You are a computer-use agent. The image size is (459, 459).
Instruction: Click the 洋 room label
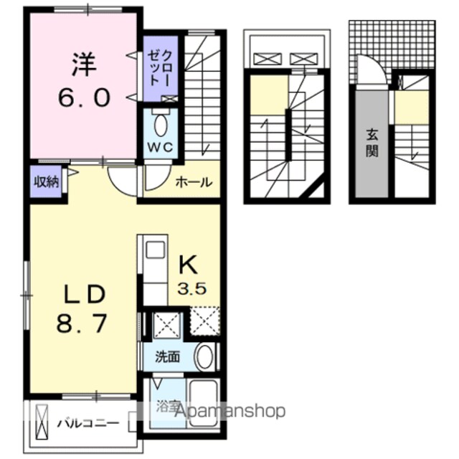click(84, 64)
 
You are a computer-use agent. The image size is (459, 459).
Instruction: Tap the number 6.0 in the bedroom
click(84, 98)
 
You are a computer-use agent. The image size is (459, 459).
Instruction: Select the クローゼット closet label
click(160, 67)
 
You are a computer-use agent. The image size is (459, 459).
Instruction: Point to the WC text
click(160, 148)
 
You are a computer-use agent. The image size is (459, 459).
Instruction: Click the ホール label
click(194, 182)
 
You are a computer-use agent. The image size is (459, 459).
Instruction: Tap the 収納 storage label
click(47, 181)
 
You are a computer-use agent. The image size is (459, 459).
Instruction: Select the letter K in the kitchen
click(188, 265)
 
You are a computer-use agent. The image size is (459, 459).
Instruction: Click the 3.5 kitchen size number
click(191, 288)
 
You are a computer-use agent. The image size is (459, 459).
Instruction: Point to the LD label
click(85, 295)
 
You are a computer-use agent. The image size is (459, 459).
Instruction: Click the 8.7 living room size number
click(81, 323)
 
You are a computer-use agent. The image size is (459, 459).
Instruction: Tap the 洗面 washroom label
click(167, 357)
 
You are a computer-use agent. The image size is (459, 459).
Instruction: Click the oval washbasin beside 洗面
click(204, 357)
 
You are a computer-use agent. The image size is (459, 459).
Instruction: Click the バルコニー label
click(87, 423)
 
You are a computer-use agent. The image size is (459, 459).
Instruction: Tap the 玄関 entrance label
click(372, 143)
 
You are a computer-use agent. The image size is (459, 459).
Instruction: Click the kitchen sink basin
click(155, 250)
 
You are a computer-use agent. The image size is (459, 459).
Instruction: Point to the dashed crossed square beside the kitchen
click(204, 321)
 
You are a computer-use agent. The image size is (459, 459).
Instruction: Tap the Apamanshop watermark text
click(229, 410)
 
